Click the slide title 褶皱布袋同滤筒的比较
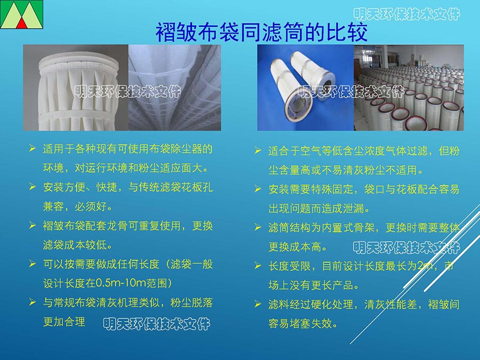261,32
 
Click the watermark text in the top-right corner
406,14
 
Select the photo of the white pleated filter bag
76,87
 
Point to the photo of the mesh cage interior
174,87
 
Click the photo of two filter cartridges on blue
306,87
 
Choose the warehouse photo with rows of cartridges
409,87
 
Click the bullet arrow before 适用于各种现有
33,149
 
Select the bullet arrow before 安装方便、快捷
33,187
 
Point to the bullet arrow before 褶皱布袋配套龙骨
33,226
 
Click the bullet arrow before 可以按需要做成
33,263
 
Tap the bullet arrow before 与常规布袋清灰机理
33,302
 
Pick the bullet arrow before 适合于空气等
258,150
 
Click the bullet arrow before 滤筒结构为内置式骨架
258,227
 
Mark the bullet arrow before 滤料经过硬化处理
258,304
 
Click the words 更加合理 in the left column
64,322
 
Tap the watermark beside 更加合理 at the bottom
157,324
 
